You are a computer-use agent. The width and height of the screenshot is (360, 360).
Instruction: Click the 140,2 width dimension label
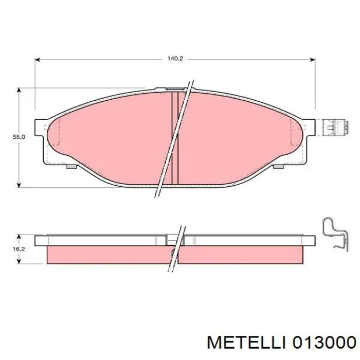tap(175, 59)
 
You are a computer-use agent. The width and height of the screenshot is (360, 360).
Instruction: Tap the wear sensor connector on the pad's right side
tap(331, 127)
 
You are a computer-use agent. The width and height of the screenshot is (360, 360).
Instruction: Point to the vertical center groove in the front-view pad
tap(174, 138)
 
